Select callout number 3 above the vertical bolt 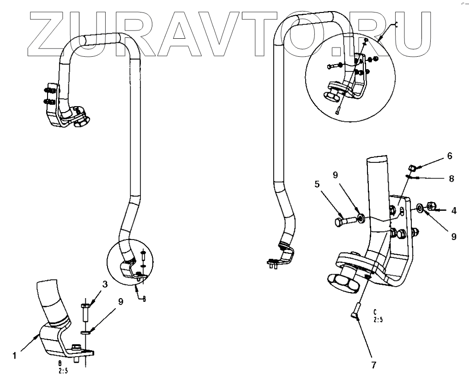105,285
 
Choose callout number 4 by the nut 453,211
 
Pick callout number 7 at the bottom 373,365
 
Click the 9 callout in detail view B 120,302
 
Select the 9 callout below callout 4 453,236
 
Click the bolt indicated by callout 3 85,313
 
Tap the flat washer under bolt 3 86,331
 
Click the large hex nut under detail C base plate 342,280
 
